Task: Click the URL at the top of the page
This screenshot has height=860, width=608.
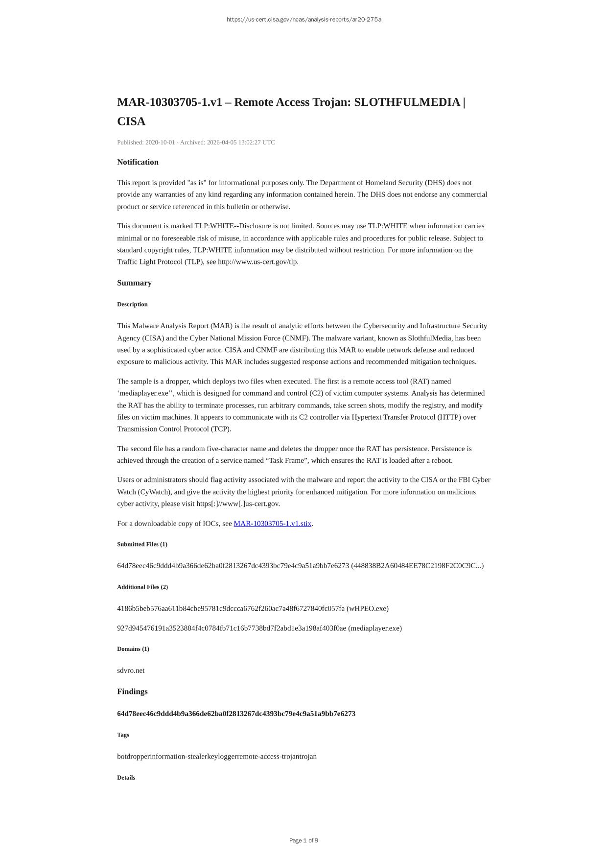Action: point(304,20)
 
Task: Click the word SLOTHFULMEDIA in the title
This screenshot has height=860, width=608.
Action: point(407,102)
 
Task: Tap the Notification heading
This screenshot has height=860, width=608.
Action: point(138,162)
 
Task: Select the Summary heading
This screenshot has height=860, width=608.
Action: point(134,283)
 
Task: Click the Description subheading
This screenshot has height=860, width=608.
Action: point(132,304)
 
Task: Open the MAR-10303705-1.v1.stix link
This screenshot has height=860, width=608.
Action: point(272,524)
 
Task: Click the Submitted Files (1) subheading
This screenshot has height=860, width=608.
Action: point(142,544)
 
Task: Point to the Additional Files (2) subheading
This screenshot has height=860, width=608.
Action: point(142,587)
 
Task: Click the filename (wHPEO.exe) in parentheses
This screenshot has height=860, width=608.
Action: point(368,609)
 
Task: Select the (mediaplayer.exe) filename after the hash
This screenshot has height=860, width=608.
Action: point(374,628)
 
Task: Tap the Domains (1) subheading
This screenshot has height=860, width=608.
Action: point(133,649)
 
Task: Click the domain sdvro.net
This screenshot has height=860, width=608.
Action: point(131,671)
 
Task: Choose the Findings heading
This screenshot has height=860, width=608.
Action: point(132,692)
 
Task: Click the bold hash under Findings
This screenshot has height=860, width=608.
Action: point(236,714)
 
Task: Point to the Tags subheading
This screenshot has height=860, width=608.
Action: point(123,735)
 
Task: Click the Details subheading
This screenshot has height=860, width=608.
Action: point(126,778)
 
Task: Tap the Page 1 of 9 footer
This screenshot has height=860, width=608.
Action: point(304,841)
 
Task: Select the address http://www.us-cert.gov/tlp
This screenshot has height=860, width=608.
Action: point(257,262)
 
